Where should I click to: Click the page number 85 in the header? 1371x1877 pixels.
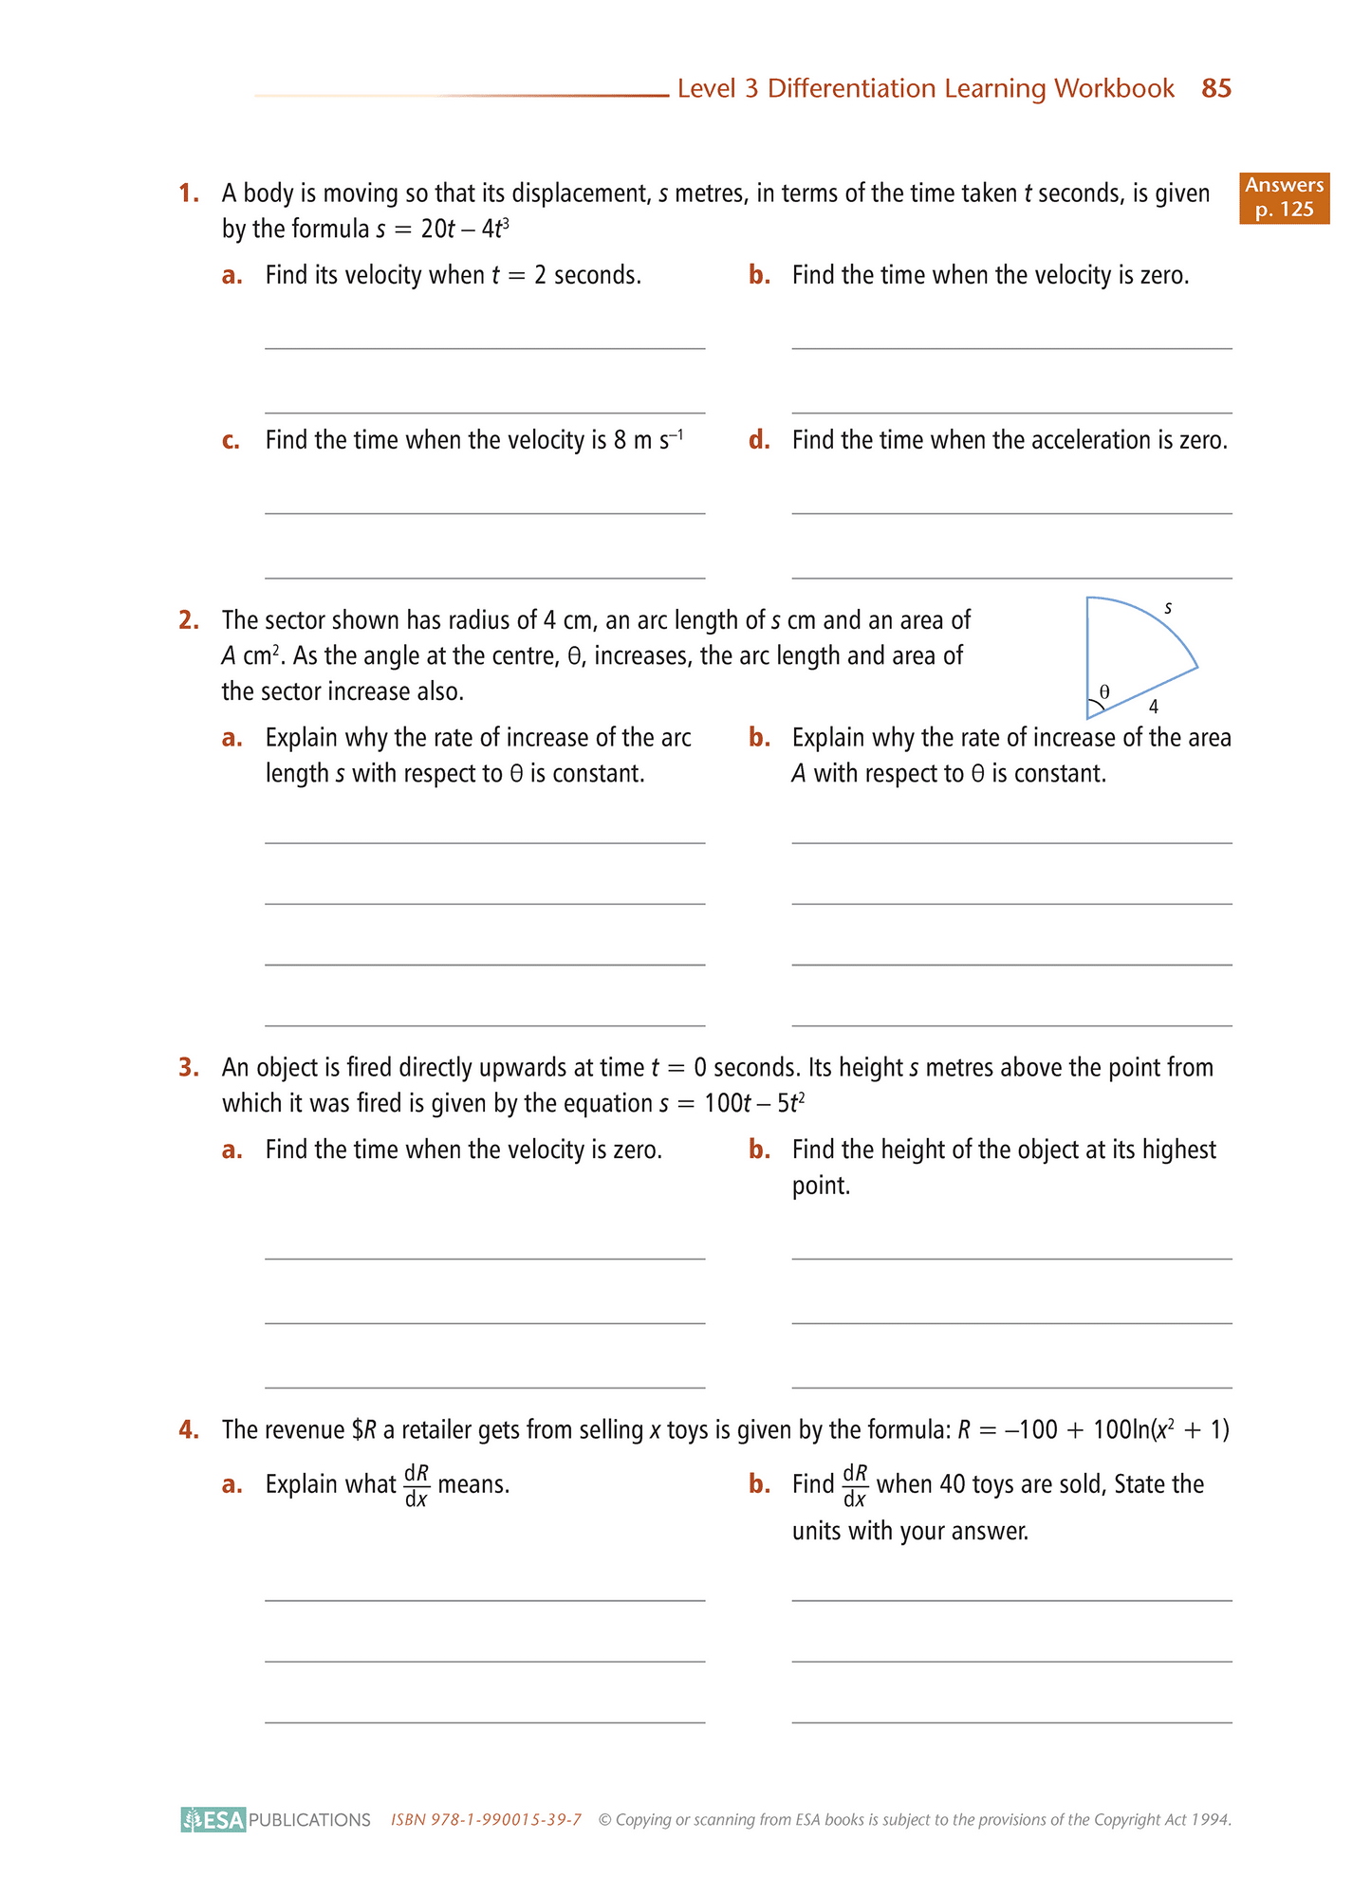tap(1215, 89)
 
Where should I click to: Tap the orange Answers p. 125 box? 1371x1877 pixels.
tap(1284, 197)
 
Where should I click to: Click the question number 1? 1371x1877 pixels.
tap(189, 193)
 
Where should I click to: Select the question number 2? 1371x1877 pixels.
tap(189, 620)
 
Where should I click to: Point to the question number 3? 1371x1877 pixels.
tap(189, 1068)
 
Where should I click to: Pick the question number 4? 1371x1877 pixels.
tap(189, 1429)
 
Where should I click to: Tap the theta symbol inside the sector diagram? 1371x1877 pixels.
tap(1103, 691)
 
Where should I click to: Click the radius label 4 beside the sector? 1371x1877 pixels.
tap(1153, 707)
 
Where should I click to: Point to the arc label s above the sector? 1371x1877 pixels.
tap(1168, 607)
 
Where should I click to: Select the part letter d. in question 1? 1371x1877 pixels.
tap(758, 440)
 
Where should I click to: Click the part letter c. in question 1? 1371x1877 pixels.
tap(231, 440)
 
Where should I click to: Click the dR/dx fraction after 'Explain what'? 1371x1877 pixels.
tap(417, 1485)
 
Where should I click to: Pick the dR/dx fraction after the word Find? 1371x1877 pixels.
tap(855, 1485)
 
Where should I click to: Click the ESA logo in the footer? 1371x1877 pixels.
tap(214, 1819)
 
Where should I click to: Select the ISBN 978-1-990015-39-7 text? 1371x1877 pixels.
tap(486, 1819)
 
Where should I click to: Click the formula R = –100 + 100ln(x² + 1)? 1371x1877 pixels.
tap(1093, 1429)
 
